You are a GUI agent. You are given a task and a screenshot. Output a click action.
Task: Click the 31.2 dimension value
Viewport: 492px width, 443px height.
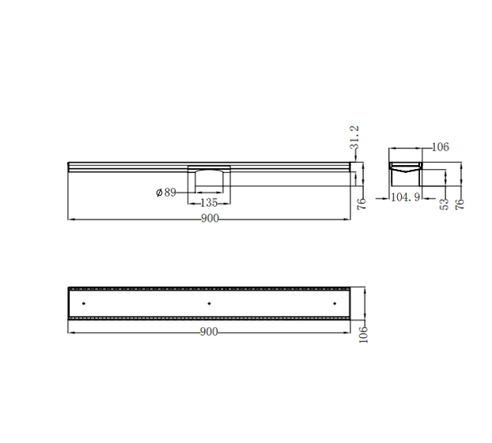pyautogui.click(x=356, y=137)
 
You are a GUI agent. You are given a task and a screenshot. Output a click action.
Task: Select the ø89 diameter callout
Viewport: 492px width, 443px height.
pyautogui.click(x=166, y=192)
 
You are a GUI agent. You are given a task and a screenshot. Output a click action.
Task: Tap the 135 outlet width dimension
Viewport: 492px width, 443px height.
pyautogui.click(x=209, y=203)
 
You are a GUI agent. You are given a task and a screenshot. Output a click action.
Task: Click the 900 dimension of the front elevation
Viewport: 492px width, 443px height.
pyautogui.click(x=209, y=219)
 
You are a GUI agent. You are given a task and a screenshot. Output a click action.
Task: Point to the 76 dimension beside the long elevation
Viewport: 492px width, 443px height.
pyautogui.click(x=361, y=203)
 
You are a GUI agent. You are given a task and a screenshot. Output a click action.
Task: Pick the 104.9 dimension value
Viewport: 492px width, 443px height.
pyautogui.click(x=406, y=197)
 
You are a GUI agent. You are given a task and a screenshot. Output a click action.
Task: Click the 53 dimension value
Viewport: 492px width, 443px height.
pyautogui.click(x=445, y=203)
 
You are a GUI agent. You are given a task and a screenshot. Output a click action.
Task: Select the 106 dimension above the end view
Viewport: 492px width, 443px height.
pyautogui.click(x=441, y=147)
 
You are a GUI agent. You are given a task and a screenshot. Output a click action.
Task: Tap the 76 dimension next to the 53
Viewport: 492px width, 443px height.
pyautogui.click(x=460, y=203)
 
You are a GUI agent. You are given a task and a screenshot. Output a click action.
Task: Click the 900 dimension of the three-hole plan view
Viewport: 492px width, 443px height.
pyautogui.click(x=209, y=332)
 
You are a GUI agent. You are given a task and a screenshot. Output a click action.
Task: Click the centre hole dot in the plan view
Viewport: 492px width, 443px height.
pyautogui.click(x=209, y=302)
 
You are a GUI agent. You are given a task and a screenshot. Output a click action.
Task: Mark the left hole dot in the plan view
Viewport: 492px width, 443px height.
pyautogui.click(x=83, y=302)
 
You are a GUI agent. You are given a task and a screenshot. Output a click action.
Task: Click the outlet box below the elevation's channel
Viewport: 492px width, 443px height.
pyautogui.click(x=209, y=180)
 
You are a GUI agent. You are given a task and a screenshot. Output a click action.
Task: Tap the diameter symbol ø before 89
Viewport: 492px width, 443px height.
pyautogui.click(x=159, y=192)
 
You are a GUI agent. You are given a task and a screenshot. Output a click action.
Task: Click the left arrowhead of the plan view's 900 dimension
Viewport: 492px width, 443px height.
pyautogui.click(x=72, y=332)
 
